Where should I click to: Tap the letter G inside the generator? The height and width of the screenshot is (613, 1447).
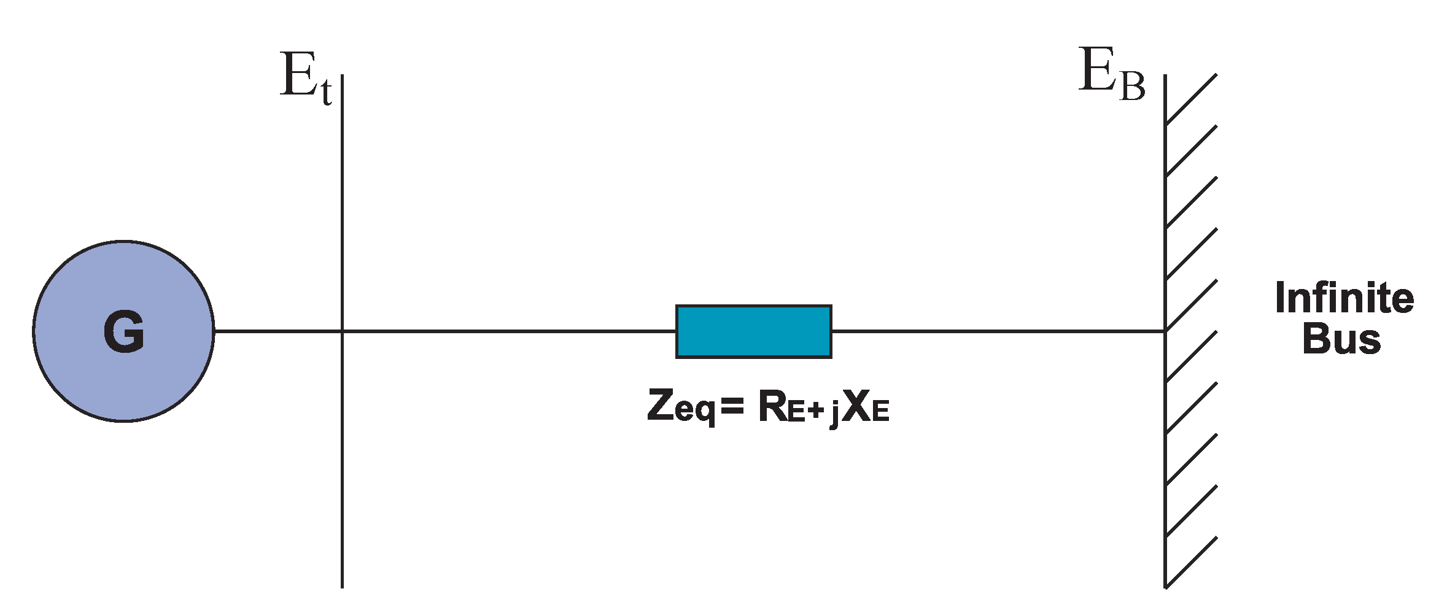pyautogui.click(x=124, y=332)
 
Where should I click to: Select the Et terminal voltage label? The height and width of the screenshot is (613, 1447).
pyautogui.click(x=305, y=78)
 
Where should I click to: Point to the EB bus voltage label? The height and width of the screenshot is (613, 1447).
pyautogui.click(x=1111, y=74)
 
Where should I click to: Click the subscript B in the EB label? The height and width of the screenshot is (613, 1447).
pyautogui.click(x=1132, y=86)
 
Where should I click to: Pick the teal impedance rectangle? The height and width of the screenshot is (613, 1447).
pyautogui.click(x=753, y=331)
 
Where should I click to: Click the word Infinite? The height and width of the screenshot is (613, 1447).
pyautogui.click(x=1344, y=299)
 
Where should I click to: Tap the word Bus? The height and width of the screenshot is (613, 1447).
pyautogui.click(x=1341, y=339)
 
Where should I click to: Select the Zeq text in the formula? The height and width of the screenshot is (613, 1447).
pyautogui.click(x=681, y=407)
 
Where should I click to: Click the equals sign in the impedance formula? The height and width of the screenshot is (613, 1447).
pyautogui.click(x=732, y=406)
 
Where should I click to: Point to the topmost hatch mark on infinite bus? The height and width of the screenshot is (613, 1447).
pyautogui.click(x=1191, y=99)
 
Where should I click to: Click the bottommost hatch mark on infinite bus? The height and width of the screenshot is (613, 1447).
pyautogui.click(x=1191, y=563)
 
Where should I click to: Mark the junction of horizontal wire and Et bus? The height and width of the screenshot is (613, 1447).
pyautogui.click(x=342, y=331)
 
